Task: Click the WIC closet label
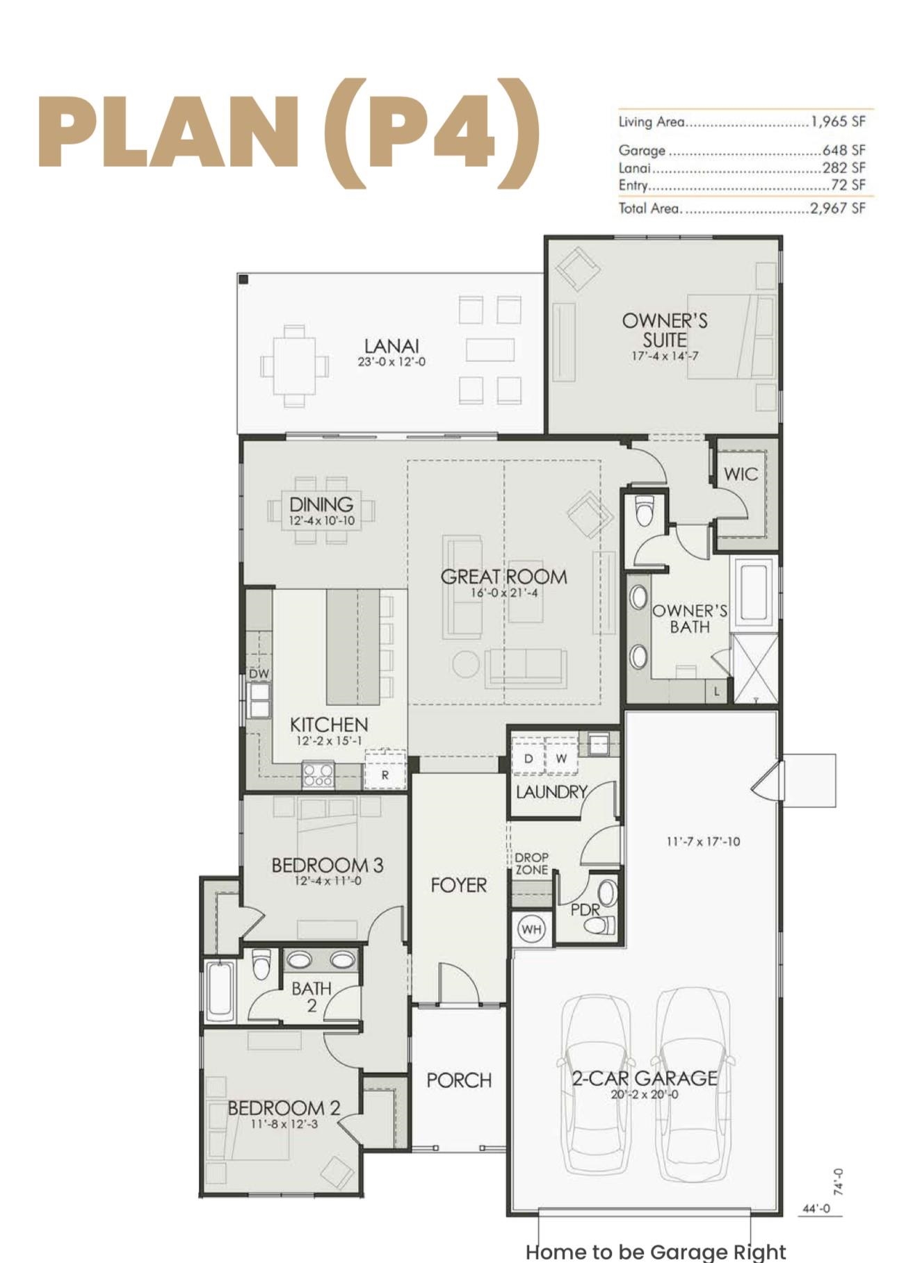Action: (741, 474)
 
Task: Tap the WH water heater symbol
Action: (531, 930)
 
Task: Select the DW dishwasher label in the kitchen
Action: (259, 673)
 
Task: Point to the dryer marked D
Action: (528, 759)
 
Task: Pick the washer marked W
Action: (561, 759)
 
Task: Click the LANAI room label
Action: (391, 345)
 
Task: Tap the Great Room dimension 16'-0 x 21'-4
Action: (504, 593)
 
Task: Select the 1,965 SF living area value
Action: (838, 122)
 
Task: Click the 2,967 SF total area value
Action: (838, 208)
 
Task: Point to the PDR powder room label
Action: (585, 909)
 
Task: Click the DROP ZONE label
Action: (531, 864)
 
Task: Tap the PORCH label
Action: (459, 1080)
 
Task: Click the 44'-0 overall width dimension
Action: (816, 1209)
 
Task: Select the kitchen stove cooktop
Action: (318, 774)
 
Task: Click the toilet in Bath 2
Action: (261, 964)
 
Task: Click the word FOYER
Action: (458, 885)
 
